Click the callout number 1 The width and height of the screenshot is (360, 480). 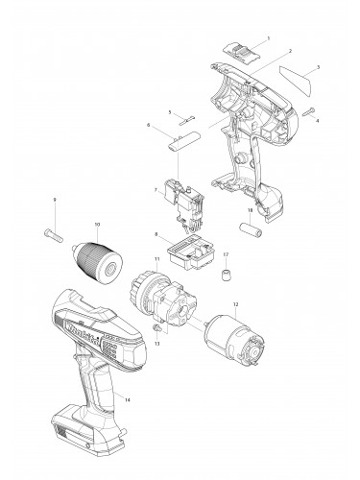coord(268,37)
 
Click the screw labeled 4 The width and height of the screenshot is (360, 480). coord(311,111)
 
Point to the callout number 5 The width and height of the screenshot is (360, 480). coord(170,112)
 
